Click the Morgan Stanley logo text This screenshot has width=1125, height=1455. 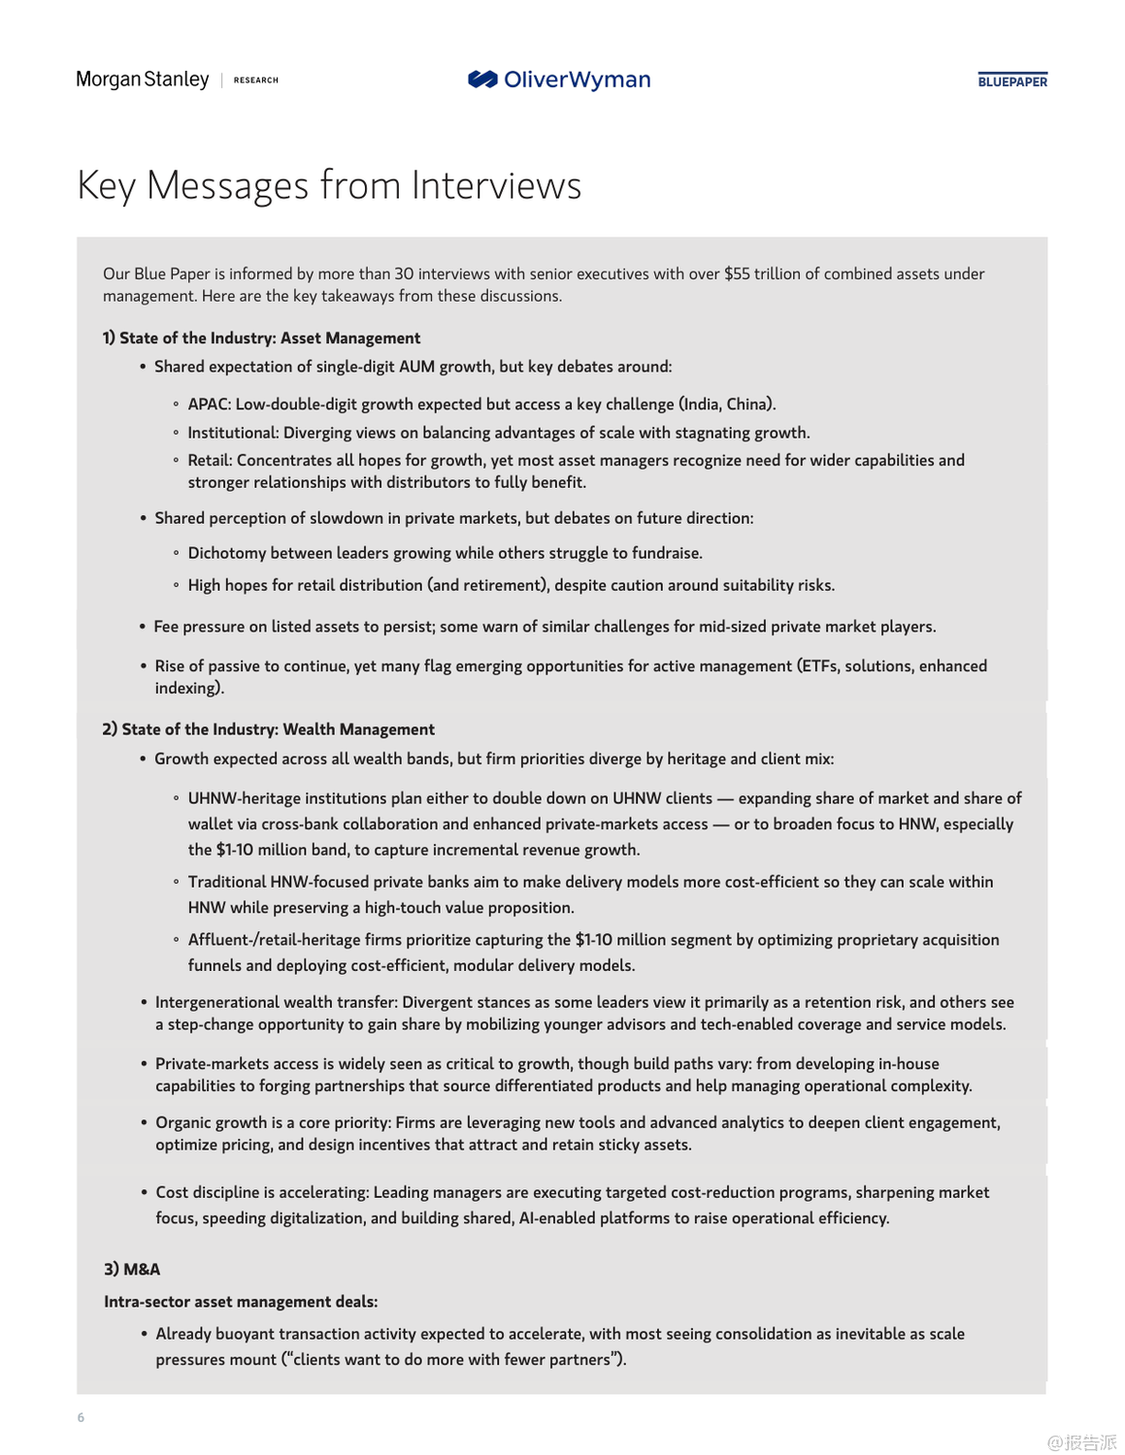143,80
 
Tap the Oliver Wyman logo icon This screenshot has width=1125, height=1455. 482,80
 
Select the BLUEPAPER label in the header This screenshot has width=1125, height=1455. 1012,81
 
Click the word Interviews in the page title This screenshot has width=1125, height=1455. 496,185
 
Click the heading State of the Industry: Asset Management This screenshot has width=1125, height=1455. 269,338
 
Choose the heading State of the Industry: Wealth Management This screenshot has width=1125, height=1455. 278,729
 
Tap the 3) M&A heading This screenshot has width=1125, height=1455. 132,1269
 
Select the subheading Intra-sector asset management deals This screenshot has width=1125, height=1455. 241,1302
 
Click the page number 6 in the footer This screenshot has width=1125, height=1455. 81,1417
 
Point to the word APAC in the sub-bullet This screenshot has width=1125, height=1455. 208,404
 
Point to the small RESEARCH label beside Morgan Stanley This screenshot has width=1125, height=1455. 256,81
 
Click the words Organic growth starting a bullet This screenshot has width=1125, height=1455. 212,1122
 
